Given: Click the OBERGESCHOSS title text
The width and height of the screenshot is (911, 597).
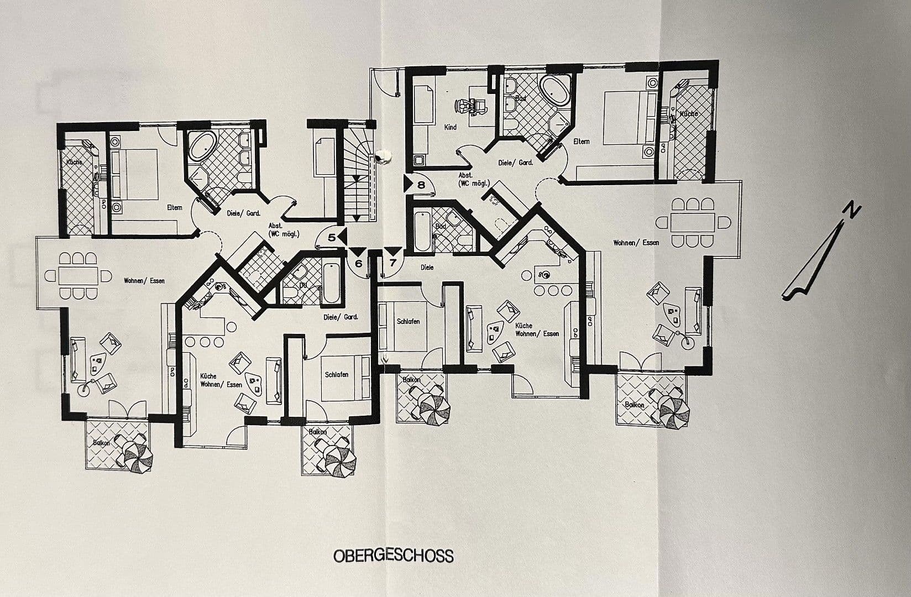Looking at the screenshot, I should [393, 555].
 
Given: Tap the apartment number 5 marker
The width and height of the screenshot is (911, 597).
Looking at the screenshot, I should [332, 238].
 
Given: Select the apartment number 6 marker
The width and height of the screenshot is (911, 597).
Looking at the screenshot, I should [358, 263].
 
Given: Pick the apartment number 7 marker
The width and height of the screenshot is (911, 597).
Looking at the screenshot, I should [392, 262].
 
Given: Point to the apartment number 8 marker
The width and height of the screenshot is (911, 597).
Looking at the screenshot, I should [421, 185].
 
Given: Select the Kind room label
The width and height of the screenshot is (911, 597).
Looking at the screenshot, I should [451, 127].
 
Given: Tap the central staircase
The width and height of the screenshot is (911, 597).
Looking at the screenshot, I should [357, 177].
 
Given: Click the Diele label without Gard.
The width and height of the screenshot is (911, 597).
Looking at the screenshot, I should [427, 268].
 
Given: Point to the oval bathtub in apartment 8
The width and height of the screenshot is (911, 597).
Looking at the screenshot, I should [554, 91].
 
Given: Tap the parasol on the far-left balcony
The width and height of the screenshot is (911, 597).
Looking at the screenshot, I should [138, 457].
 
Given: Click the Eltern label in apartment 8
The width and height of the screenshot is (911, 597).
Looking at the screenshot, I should [581, 142].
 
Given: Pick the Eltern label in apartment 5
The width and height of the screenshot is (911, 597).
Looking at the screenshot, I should [175, 207].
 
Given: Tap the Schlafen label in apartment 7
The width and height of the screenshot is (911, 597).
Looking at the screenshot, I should [408, 322].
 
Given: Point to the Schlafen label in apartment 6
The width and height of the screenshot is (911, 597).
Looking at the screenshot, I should [337, 374].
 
